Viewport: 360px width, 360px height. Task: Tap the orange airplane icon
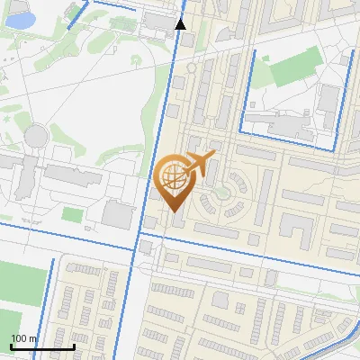tap(199, 163)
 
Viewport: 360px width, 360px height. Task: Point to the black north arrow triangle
tap(181, 24)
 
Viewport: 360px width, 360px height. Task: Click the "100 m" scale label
tap(24, 338)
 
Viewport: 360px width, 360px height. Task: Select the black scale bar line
tap(42, 346)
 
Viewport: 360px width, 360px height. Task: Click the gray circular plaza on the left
tap(35, 136)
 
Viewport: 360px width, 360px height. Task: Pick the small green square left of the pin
tap(73, 214)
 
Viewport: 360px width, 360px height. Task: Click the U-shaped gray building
tap(297, 229)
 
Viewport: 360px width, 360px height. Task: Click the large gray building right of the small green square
tap(117, 214)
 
